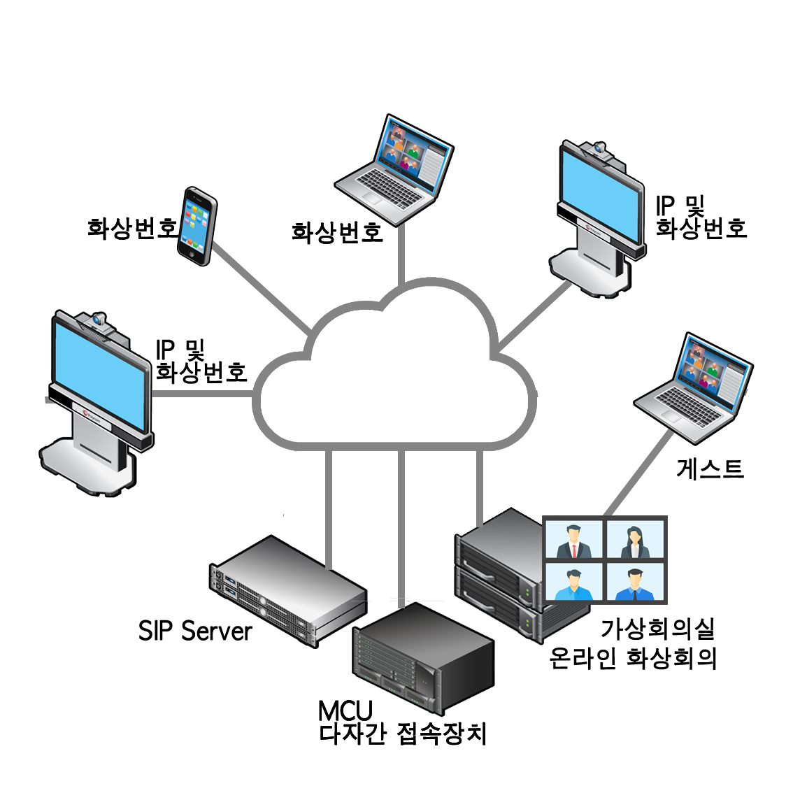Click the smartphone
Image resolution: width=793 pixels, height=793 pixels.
pos(196,225)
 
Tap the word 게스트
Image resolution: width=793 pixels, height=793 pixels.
pos(709,469)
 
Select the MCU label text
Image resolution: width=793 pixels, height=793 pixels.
pos(345,710)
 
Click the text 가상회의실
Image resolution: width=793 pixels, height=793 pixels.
pos(658,629)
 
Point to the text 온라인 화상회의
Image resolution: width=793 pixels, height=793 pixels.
pos(634,658)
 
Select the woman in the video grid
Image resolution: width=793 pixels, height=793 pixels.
pos(635,540)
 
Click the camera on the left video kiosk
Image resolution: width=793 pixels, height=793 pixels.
pos(97,320)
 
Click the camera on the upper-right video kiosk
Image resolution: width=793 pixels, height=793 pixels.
pos(600,148)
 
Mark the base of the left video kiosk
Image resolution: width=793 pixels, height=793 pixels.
pos(87,469)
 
